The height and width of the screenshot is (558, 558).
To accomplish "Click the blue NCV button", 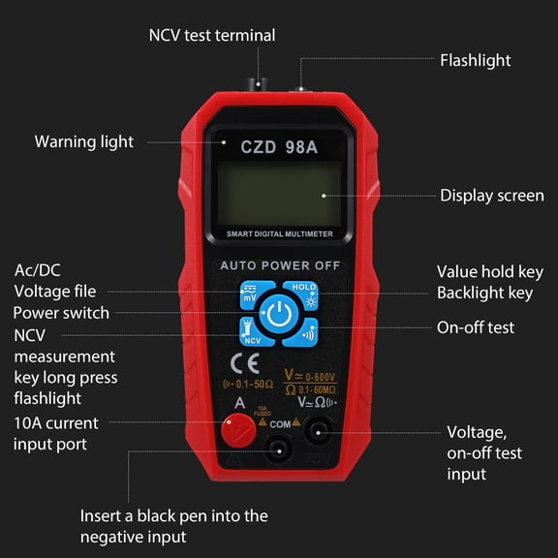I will pos(253,334).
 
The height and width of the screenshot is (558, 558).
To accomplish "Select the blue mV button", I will pos(253,293).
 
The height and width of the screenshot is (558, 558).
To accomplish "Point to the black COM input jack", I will pos(280,447).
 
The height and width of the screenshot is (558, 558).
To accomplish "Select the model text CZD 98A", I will pos(279,147).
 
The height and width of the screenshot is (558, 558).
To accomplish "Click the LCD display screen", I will pos(279,193).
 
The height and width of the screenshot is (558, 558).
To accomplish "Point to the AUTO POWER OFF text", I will pos(279,264).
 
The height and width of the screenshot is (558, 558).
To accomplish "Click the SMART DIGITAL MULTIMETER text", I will pos(279,234).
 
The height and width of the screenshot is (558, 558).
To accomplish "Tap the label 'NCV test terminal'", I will pos(211,36).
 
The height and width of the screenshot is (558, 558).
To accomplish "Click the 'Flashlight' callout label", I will pos(475,60).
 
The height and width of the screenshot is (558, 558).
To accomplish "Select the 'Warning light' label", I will pos(84,141).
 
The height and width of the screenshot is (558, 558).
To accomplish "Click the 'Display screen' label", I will pos(492,196).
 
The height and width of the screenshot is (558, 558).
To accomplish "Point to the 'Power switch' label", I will pos(61,313).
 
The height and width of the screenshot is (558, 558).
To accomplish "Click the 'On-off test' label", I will pos(476,327).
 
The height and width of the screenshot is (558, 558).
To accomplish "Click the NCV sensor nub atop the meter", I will pos(260,85).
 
